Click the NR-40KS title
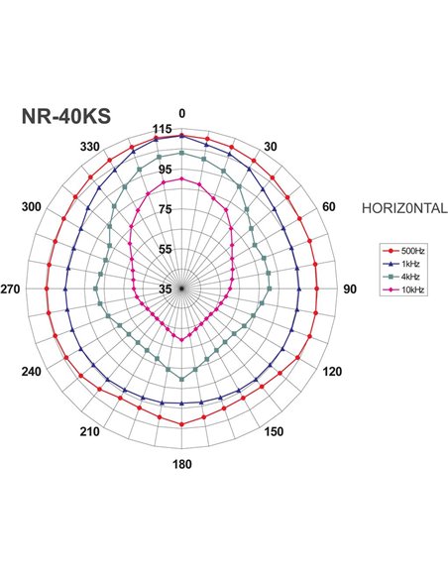tap(65, 116)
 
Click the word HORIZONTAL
tap(407, 208)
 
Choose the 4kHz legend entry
tap(404, 278)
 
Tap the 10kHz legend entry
tap(406, 289)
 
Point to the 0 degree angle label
tap(181, 113)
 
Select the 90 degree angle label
tap(349, 289)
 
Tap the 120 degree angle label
tap(331, 372)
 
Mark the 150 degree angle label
tap(274, 431)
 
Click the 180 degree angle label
tap(181, 465)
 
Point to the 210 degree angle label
tap(90, 431)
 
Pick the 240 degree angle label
tap(32, 372)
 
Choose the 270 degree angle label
tap(12, 289)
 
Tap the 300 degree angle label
tap(32, 206)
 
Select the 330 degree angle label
tap(90, 147)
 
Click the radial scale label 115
tap(164, 130)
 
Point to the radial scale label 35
tap(166, 289)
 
